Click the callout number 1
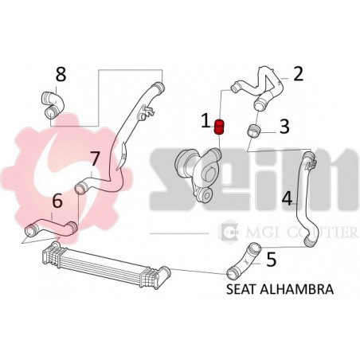205,122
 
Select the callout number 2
298,74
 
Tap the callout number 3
284,125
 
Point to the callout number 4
286,196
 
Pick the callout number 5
271,259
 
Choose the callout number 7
95,157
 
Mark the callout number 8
61,76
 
